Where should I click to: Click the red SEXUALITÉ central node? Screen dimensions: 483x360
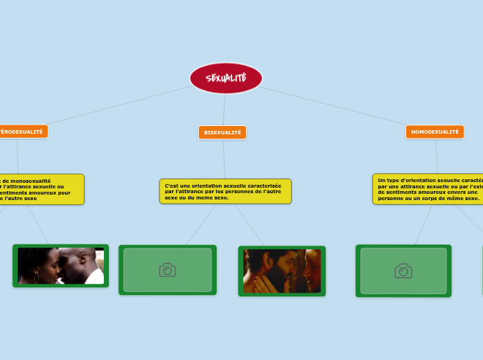click(x=226, y=78)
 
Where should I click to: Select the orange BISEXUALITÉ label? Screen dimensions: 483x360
click(x=222, y=132)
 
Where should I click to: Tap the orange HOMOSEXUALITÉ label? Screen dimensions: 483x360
click(x=434, y=132)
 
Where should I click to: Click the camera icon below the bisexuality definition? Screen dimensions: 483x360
click(x=167, y=270)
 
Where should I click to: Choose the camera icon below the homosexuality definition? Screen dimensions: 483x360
click(x=403, y=271)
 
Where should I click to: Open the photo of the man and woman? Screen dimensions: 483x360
click(x=61, y=266)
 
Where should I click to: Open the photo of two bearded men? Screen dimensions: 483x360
click(x=281, y=271)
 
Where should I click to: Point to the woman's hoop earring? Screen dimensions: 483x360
click(x=36, y=276)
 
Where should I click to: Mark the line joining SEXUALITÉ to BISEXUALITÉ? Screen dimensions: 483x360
click(x=225, y=109)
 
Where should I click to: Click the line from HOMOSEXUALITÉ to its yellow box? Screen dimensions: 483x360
click(x=437, y=156)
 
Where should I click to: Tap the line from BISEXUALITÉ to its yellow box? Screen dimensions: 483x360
click(x=224, y=159)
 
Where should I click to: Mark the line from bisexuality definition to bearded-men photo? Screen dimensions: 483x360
click(x=249, y=225)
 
